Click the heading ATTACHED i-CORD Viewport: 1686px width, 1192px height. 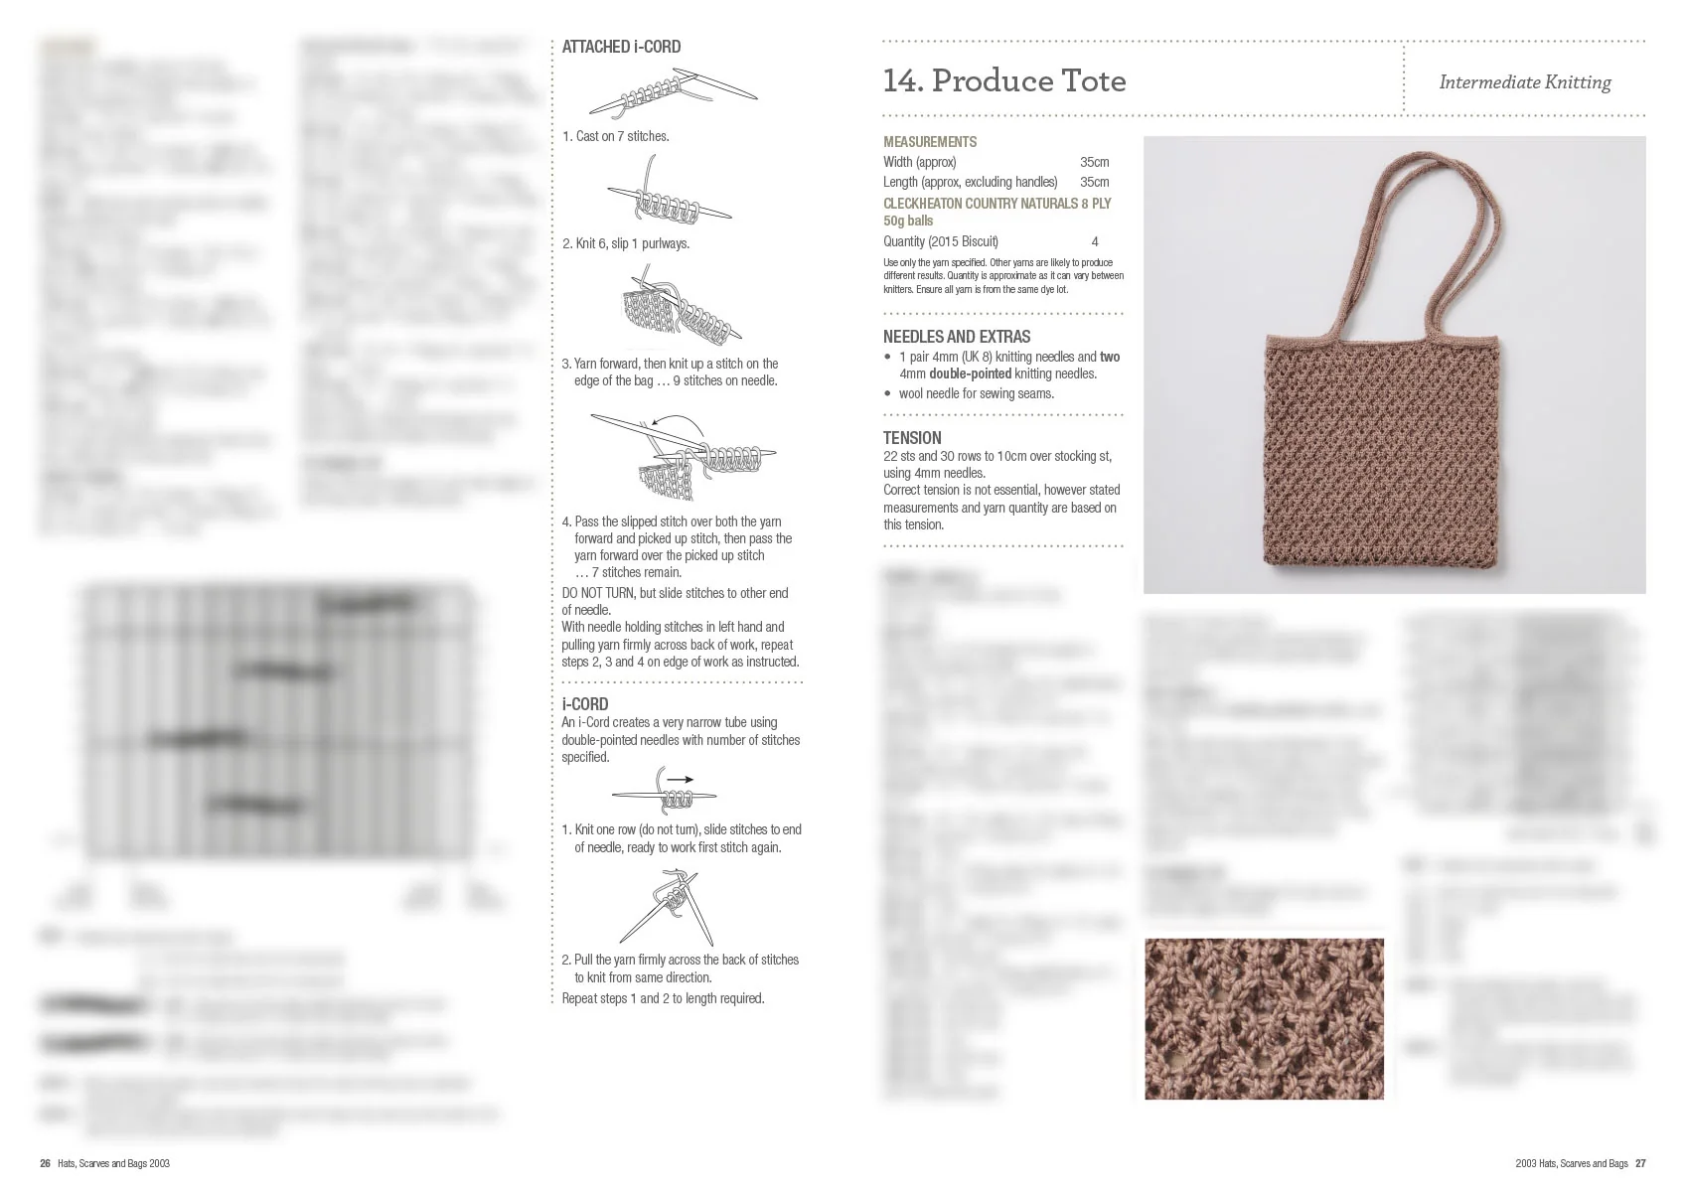click(621, 47)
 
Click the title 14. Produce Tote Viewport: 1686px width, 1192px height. click(1004, 80)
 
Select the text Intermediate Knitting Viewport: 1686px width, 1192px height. click(1524, 82)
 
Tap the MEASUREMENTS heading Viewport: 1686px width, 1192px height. click(930, 142)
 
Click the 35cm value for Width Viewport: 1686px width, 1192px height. click(1094, 162)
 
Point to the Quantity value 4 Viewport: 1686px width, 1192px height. click(1095, 241)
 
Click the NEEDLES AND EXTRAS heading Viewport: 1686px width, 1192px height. click(956, 337)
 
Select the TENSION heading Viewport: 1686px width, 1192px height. click(912, 438)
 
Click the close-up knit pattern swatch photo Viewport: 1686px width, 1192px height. click(1264, 1018)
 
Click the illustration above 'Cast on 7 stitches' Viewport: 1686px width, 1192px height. click(673, 93)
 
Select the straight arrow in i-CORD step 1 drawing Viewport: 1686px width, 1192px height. click(681, 779)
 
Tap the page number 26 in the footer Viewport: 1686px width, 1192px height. click(45, 1163)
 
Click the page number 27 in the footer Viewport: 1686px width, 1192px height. click(1640, 1163)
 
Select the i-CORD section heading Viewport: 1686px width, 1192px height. click(585, 703)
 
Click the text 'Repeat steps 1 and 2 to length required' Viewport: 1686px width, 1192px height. click(663, 998)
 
